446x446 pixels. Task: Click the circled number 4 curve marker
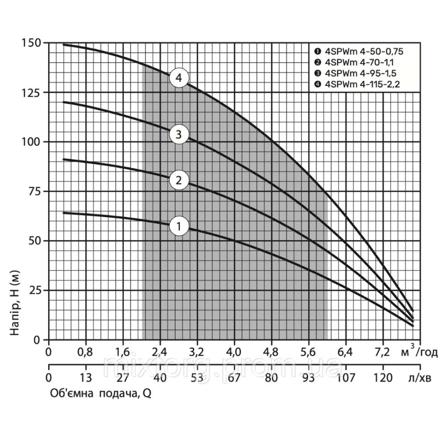coord(179,78)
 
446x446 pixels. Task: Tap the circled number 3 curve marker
coord(179,134)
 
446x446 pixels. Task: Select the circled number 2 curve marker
coord(179,180)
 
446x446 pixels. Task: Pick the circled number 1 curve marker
coord(179,226)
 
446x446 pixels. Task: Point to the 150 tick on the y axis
coord(31,43)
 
